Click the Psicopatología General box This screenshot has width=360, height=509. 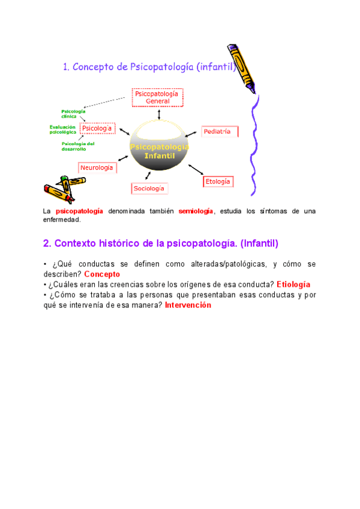(x=157, y=97)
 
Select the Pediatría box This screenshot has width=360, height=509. (x=219, y=131)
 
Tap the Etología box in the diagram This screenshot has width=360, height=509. (x=218, y=181)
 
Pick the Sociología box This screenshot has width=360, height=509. (x=149, y=188)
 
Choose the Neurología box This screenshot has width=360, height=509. (x=97, y=168)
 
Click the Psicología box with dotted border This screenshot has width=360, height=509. (x=97, y=128)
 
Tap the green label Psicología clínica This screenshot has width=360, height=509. (x=73, y=113)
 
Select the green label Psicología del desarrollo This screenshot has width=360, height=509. (x=77, y=146)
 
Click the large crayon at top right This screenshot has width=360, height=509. (x=242, y=67)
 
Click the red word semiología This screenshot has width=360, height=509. (x=196, y=211)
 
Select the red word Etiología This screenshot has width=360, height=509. (x=293, y=285)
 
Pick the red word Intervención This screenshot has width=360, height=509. (x=188, y=305)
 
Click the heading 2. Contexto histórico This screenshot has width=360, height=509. (x=161, y=244)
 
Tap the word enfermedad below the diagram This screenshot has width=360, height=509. (x=62, y=220)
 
